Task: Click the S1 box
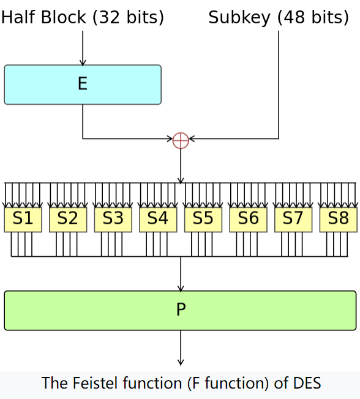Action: (23, 219)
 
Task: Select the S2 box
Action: (68, 219)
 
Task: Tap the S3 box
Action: (113, 219)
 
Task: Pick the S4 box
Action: (158, 219)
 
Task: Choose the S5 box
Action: (203, 219)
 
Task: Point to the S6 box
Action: (248, 219)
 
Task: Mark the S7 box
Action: (293, 219)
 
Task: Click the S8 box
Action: (339, 219)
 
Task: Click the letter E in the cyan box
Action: (83, 83)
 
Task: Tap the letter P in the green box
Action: (181, 310)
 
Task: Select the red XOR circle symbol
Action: (181, 140)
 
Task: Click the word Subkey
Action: (239, 18)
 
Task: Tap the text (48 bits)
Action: (313, 17)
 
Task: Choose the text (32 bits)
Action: (129, 17)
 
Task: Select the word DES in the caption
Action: (307, 382)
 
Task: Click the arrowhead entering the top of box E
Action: (83, 63)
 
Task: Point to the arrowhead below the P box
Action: (181, 362)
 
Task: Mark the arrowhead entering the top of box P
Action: (181, 288)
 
